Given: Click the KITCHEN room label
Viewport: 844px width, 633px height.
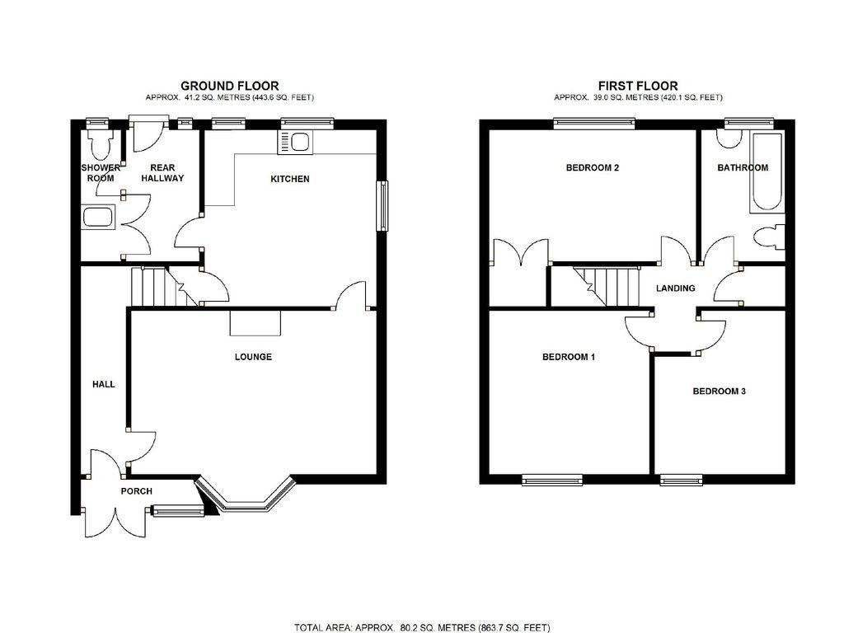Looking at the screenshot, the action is click(x=289, y=179).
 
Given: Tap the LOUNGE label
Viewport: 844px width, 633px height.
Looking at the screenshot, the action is click(x=253, y=357).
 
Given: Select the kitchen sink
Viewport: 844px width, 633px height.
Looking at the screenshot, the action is click(x=294, y=143).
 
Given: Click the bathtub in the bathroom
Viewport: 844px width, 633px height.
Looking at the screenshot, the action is click(x=766, y=171).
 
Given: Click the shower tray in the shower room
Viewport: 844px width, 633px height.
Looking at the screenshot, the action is click(x=99, y=218).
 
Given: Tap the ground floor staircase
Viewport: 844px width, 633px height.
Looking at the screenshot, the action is click(x=164, y=286).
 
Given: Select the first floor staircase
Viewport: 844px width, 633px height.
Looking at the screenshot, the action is click(x=606, y=286).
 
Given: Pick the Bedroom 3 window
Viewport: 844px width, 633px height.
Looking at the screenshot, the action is click(x=682, y=479).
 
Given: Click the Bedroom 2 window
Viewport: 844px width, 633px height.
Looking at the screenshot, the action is click(x=594, y=124).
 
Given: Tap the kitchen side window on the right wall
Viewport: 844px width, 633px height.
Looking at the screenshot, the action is click(x=382, y=205).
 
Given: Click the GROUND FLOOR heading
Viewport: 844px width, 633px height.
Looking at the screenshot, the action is click(x=229, y=86).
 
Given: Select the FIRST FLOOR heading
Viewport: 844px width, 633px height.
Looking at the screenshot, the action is click(x=638, y=86).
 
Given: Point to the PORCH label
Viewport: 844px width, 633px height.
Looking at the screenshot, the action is click(x=136, y=491).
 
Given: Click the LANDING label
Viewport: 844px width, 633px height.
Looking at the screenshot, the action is click(x=676, y=288).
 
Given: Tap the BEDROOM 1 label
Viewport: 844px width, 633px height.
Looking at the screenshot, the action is click(x=569, y=357).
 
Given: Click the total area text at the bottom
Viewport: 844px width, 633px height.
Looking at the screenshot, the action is click(x=422, y=627).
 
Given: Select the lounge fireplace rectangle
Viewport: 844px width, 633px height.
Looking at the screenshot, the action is click(x=256, y=323).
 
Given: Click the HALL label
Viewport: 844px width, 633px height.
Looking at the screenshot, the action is click(x=103, y=384).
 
